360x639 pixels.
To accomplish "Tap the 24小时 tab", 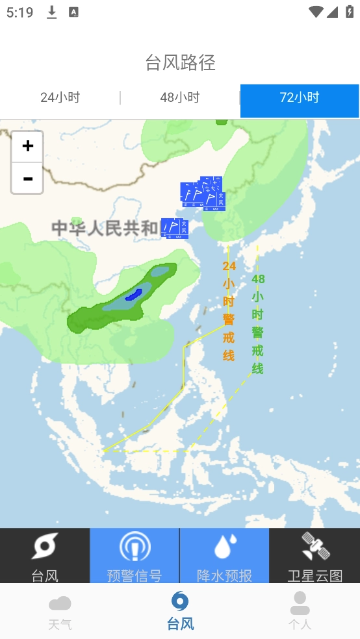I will [x=60, y=98].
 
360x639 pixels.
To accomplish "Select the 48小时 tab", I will [x=180, y=98].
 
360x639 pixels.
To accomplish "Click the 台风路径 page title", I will [x=180, y=63].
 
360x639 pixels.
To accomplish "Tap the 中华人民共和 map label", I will [x=105, y=228].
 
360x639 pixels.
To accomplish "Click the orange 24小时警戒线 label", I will [x=229, y=310].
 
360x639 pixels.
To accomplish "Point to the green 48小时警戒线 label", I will [x=258, y=323].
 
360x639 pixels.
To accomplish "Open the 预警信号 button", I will [x=135, y=556].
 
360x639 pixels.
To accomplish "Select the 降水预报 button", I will [x=224, y=556].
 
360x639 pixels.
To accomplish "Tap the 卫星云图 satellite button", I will [x=315, y=556].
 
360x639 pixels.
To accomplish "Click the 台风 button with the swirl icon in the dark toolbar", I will [x=45, y=556].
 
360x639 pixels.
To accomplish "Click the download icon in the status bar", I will [x=52, y=12].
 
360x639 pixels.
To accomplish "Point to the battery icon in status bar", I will [x=349, y=12].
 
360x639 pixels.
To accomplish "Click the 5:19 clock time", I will [x=19, y=12].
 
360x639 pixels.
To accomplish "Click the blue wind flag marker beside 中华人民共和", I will [x=174, y=227].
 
